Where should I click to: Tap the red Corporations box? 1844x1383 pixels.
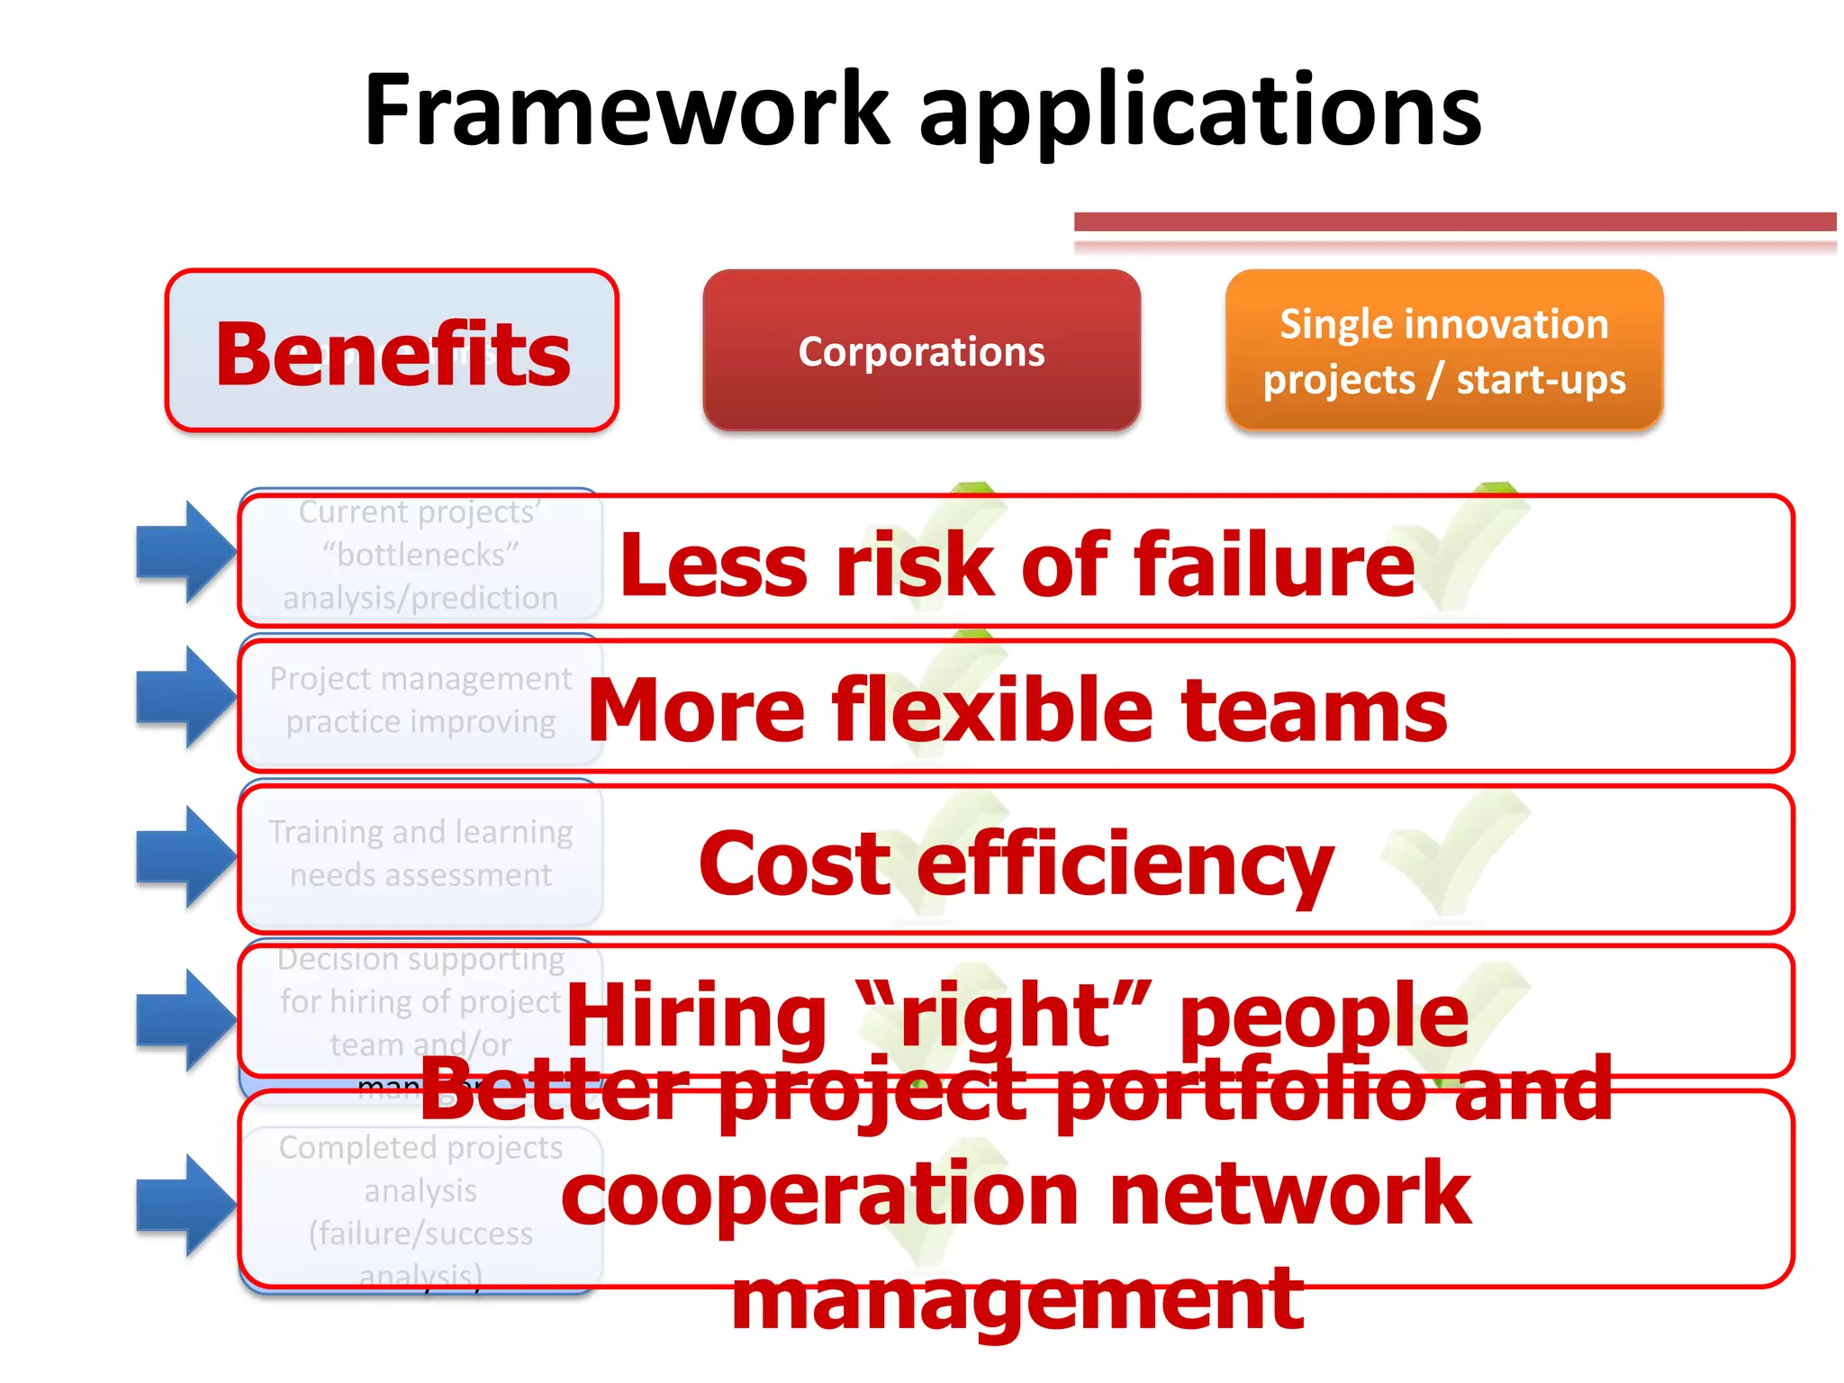pos(921,350)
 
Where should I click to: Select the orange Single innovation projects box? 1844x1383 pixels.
pos(1443,350)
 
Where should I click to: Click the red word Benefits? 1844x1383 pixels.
pos(393,354)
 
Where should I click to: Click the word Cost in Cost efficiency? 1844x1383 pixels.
pos(794,863)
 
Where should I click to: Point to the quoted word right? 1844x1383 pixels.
pos(1003,1015)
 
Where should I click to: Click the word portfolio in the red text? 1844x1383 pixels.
pos(1243,1090)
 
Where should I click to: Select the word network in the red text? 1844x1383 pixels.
pos(1289,1194)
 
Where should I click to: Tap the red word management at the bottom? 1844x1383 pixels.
pos(1017,1298)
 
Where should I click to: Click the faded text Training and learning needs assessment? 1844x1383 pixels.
pos(420,853)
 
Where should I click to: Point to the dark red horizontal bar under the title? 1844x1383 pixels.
pos(1454,221)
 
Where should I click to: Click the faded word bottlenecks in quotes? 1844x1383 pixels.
pos(420,555)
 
